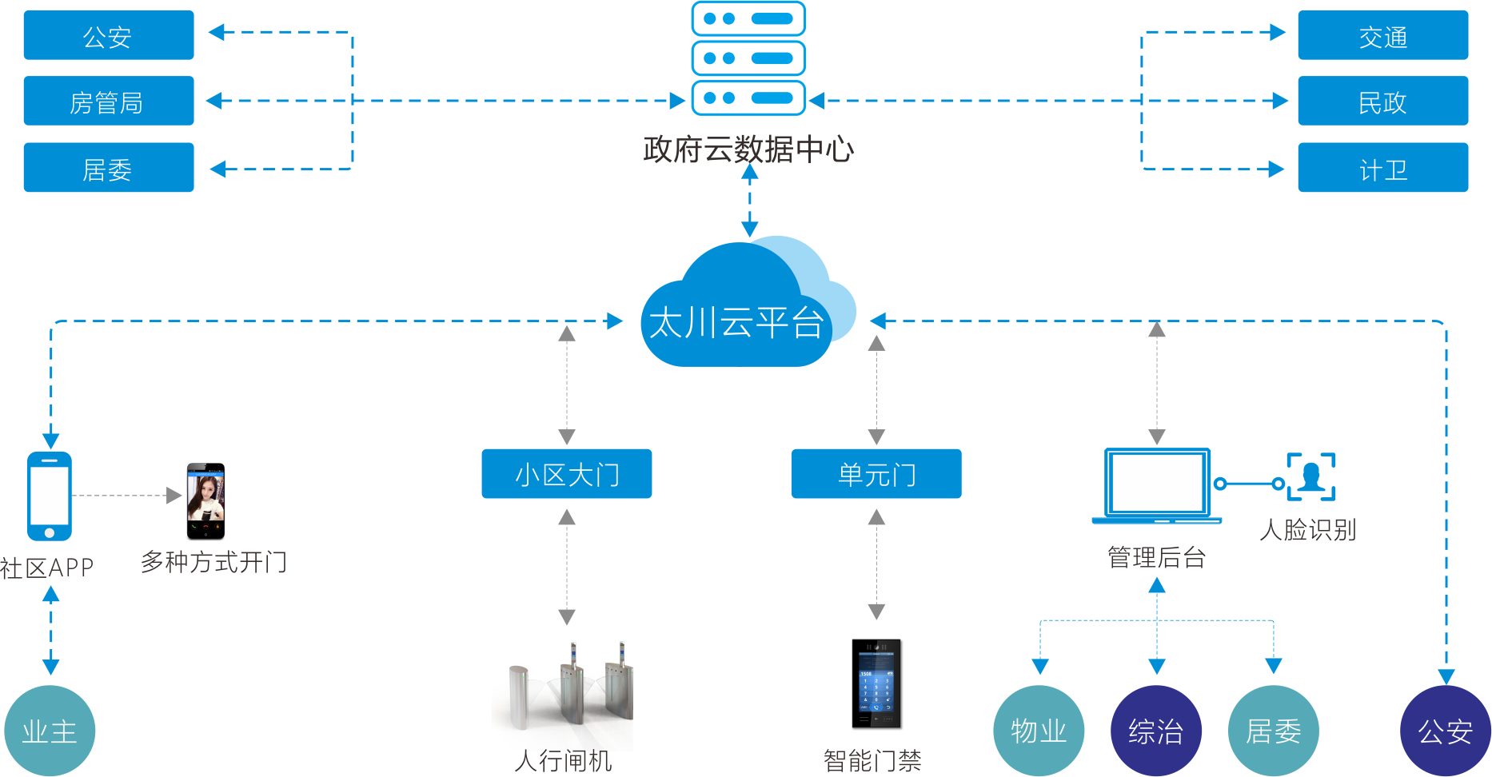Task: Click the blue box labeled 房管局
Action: pos(109,101)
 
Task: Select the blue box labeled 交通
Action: pos(1383,35)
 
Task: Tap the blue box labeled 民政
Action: pos(1383,101)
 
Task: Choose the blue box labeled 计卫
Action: pos(1383,167)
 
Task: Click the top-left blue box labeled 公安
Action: pos(109,35)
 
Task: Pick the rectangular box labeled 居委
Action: pos(109,167)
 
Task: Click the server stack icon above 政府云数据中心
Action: pos(748,58)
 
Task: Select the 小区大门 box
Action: pos(567,474)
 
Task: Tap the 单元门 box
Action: pos(876,474)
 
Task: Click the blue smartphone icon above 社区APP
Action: pos(50,496)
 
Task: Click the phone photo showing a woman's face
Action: pos(205,501)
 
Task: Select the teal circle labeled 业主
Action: pos(50,731)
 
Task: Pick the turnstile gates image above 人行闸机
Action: pos(563,688)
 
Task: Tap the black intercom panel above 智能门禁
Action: pos(876,683)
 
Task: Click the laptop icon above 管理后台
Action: pos(1157,486)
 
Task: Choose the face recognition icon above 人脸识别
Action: pos(1311,476)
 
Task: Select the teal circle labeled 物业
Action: pos(1039,731)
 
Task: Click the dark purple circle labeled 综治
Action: pos(1156,731)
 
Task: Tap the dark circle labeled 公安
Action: pos(1446,731)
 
